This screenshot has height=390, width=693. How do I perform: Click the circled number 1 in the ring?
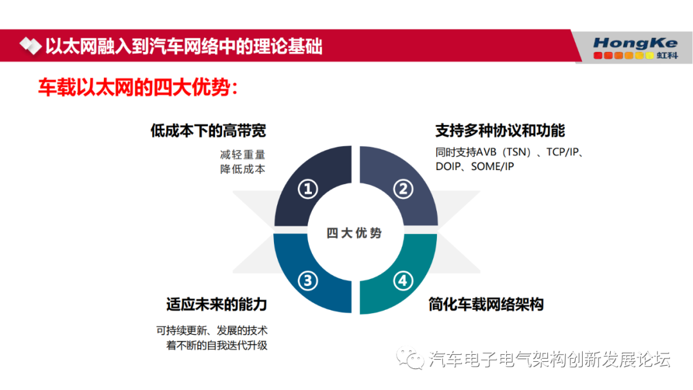click(x=307, y=189)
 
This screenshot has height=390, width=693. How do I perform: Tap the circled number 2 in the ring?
click(x=403, y=189)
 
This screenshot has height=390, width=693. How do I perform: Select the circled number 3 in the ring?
click(x=307, y=280)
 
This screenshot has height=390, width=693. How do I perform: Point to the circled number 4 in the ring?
click(x=402, y=280)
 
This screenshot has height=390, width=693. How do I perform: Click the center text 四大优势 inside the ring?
click(x=354, y=233)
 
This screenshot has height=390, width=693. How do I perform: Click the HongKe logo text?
click(x=635, y=43)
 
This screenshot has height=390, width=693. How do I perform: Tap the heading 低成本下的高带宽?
click(x=208, y=131)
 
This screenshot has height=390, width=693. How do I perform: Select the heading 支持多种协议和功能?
click(x=500, y=131)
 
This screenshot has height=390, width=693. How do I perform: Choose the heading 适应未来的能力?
click(x=217, y=304)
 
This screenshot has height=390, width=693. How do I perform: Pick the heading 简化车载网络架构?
click(x=486, y=304)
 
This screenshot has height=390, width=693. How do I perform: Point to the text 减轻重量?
click(x=243, y=155)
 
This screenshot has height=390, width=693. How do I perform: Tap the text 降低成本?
click(x=243, y=169)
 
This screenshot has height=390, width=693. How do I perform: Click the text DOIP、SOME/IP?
click(x=475, y=167)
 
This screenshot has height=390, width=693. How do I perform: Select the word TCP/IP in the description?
click(x=562, y=152)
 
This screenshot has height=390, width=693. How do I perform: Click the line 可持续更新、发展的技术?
click(x=212, y=330)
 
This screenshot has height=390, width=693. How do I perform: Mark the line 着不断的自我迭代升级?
click(x=217, y=345)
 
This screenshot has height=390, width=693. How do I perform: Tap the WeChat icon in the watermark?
click(x=409, y=358)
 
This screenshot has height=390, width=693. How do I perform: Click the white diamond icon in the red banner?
click(x=30, y=46)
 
